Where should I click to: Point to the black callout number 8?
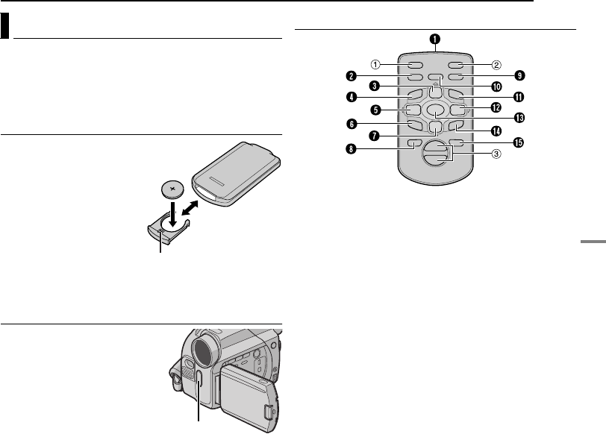(349, 148)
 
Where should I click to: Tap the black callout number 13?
(514, 117)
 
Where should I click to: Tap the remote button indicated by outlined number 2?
(457, 64)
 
